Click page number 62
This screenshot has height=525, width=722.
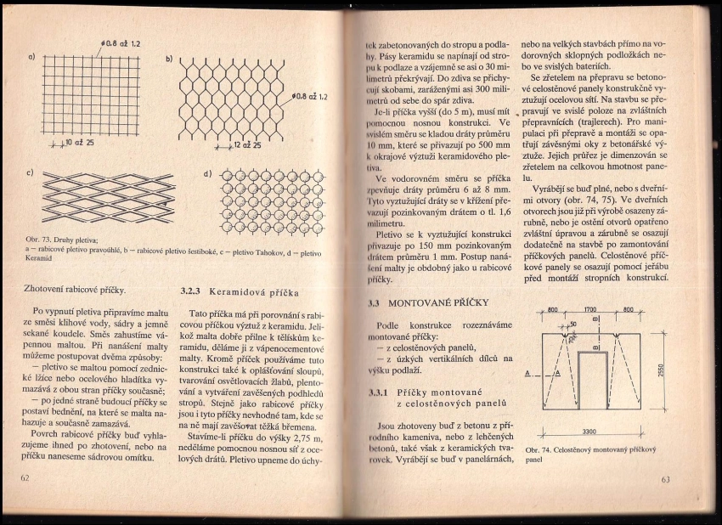point(25,478)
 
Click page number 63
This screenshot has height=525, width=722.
point(665,480)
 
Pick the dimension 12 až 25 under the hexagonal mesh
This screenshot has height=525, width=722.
point(245,145)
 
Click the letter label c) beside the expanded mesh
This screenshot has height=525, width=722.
point(31,174)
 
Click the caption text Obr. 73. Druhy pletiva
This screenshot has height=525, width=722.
point(64,241)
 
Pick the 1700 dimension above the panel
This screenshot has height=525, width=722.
point(595,310)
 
